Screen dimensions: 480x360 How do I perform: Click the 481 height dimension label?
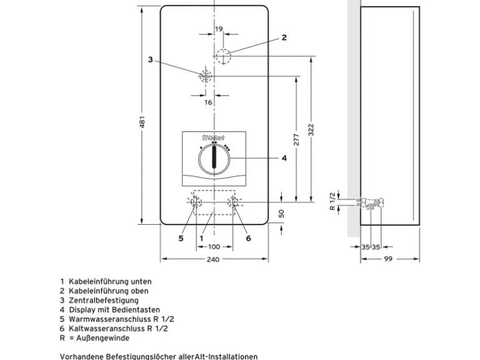(142, 121)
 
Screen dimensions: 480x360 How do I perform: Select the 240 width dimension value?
(213, 259)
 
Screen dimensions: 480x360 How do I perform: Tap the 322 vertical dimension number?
(311, 130)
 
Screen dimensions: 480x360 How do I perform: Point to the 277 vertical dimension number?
(296, 139)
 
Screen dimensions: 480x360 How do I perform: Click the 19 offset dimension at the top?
(219, 29)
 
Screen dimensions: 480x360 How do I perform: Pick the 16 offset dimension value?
(208, 102)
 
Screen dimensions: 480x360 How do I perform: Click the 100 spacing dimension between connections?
(214, 247)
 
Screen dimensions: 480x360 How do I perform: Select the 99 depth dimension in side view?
(388, 259)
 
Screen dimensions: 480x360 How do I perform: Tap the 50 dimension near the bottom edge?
(282, 213)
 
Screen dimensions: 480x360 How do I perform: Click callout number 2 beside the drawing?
(284, 37)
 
